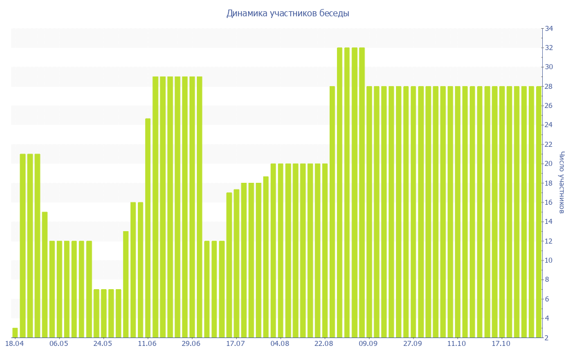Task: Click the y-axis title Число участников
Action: [x=561, y=182]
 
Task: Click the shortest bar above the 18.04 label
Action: [x=15, y=332]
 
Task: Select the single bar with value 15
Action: [x=44, y=274]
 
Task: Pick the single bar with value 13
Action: [x=125, y=284]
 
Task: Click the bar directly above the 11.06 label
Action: [x=148, y=228]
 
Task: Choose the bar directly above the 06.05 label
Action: [x=59, y=289]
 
